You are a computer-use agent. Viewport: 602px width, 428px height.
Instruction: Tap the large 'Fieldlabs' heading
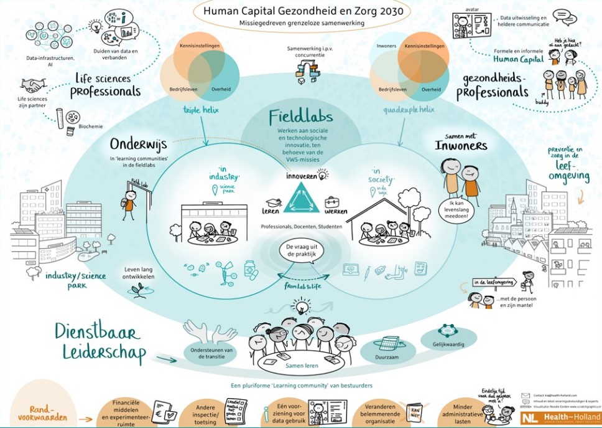click(x=301, y=117)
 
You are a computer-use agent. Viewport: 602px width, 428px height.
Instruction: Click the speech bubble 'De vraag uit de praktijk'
click(x=301, y=251)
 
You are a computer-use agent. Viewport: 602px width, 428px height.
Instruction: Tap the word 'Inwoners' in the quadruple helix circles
click(x=387, y=46)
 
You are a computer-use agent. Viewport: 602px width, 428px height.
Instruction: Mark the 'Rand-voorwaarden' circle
click(x=42, y=412)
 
